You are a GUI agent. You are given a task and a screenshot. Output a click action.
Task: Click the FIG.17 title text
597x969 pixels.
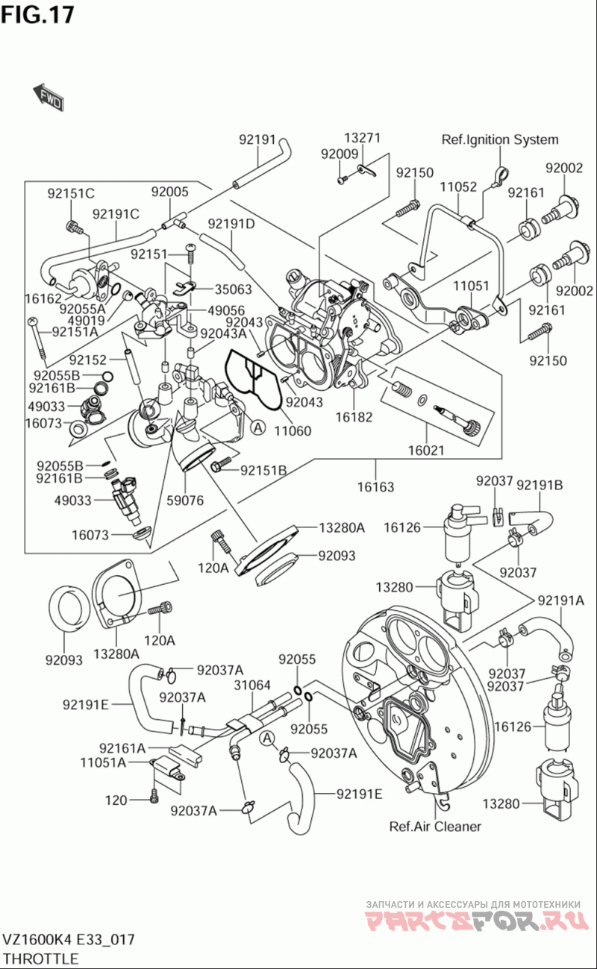[x=38, y=14]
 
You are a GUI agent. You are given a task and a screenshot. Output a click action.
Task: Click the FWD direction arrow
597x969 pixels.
[x=48, y=95]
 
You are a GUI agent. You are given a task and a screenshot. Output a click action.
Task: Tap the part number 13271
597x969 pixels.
[x=363, y=138]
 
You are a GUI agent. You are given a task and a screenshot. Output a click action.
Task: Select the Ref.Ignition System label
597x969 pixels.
[x=500, y=139]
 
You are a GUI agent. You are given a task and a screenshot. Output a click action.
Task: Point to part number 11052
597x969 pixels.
[x=457, y=186]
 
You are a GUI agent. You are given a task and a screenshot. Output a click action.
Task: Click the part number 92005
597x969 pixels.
[x=170, y=192]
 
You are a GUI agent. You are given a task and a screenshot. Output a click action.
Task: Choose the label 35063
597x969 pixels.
[x=234, y=289]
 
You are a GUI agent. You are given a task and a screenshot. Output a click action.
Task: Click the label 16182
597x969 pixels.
[x=353, y=417]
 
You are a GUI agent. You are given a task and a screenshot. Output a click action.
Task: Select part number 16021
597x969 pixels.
[x=426, y=451]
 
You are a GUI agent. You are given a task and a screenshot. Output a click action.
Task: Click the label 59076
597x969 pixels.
[x=186, y=501]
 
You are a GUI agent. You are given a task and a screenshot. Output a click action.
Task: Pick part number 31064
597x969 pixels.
[x=252, y=685]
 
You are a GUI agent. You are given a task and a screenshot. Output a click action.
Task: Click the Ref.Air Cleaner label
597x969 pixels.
[x=435, y=826]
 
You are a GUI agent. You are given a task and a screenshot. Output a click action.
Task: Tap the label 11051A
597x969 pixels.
[x=104, y=762]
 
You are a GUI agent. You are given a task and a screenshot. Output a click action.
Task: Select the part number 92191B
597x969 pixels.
[x=540, y=486]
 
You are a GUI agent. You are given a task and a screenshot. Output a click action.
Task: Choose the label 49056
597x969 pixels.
[x=227, y=310]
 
